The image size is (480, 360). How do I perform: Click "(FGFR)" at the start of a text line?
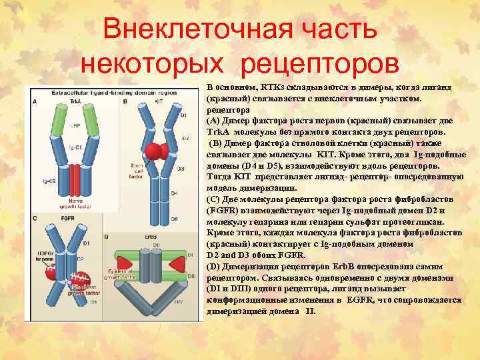point(221,213)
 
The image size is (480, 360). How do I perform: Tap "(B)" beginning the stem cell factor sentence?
point(217,143)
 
